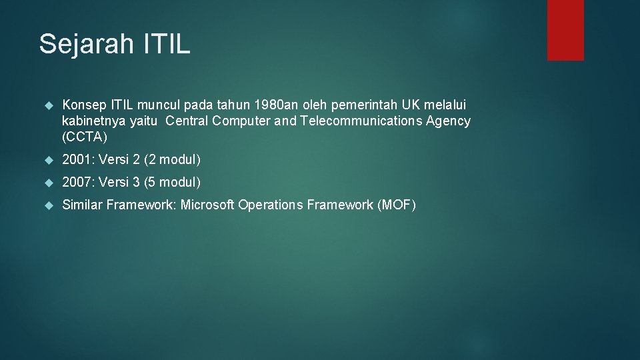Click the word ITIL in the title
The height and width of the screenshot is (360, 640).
(x=167, y=44)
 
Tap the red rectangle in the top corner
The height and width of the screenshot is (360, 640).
(x=565, y=30)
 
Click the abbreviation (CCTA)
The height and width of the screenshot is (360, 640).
(x=84, y=137)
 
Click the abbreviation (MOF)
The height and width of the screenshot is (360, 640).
(x=396, y=205)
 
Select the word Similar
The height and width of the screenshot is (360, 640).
(x=83, y=205)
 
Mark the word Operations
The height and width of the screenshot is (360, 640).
(x=271, y=205)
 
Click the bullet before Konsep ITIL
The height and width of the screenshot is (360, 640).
(x=47, y=105)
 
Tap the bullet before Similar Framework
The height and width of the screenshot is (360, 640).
(x=47, y=205)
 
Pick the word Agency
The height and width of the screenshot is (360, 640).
(x=449, y=121)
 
